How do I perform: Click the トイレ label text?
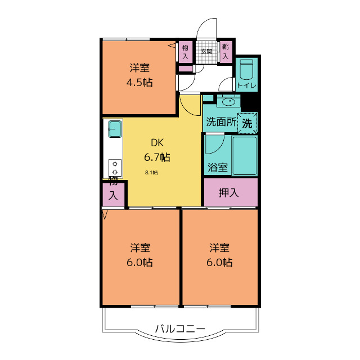pos(246,85)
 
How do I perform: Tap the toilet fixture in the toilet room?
pos(246,71)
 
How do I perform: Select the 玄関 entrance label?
pos(206,52)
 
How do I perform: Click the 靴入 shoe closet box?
pos(226,51)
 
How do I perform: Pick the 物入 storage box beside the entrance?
pos(185,52)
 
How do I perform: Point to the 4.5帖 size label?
pos(139,82)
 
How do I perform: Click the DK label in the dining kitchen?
pos(157,142)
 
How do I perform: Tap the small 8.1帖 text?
pos(151,173)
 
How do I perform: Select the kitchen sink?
pos(115,129)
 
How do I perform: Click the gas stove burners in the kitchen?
pos(115,167)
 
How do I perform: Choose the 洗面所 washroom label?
pos(220,121)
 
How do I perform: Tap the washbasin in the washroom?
pos(228,102)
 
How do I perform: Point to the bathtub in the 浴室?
pos(244,155)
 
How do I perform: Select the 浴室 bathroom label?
pos(217,167)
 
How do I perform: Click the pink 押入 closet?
pos(229,192)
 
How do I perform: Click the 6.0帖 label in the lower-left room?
pos(139,262)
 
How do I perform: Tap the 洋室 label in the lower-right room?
pos(219,247)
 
